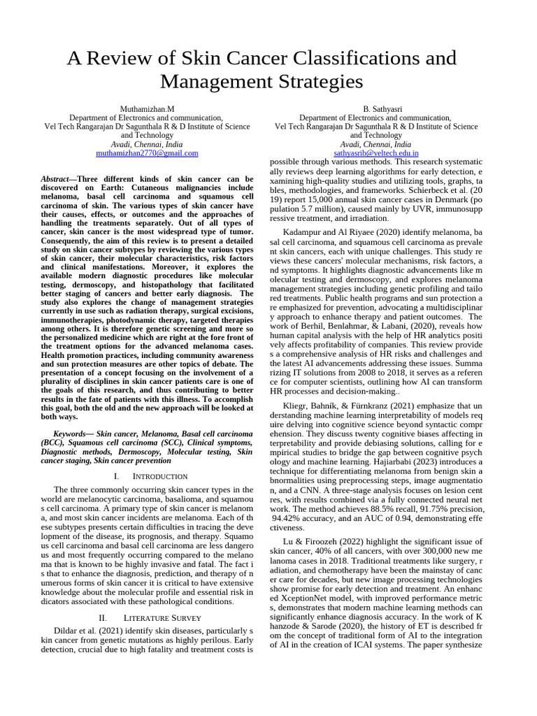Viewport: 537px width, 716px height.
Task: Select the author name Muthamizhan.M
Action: (x=147, y=110)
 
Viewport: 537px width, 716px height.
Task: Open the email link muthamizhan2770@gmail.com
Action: (x=147, y=152)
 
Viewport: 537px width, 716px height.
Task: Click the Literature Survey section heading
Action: (x=162, y=617)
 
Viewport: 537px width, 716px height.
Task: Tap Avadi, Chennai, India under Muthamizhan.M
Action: (x=147, y=144)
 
